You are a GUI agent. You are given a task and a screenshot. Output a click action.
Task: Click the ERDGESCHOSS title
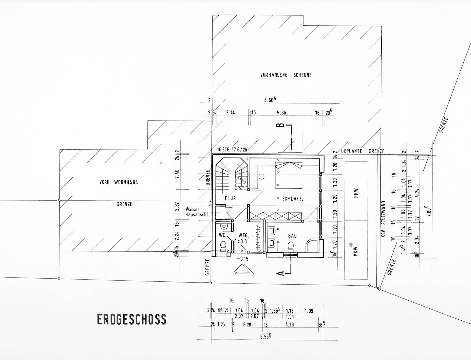pyautogui.click(x=131, y=319)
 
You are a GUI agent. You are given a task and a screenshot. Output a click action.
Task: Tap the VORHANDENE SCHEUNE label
pyautogui.click(x=286, y=75)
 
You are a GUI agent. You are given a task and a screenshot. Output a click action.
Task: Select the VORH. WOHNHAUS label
pyautogui.click(x=118, y=182)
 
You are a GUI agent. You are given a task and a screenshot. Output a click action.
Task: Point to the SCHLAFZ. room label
pyautogui.click(x=292, y=199)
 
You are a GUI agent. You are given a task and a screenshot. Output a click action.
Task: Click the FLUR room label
pyautogui.click(x=230, y=198)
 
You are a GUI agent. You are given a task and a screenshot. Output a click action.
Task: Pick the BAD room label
pyautogui.click(x=292, y=236)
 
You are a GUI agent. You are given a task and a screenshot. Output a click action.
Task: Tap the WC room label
pyautogui.click(x=222, y=235)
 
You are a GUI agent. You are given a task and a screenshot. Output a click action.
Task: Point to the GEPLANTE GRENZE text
pyautogui.click(x=362, y=151)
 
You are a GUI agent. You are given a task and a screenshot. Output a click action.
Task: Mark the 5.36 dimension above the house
pyautogui.click(x=281, y=113)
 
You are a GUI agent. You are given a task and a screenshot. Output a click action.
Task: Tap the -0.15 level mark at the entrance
pyautogui.click(x=243, y=259)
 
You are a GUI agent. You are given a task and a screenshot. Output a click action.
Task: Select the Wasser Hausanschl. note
pyautogui.click(x=197, y=212)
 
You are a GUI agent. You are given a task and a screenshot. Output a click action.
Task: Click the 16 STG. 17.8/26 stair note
pyautogui.click(x=232, y=149)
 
